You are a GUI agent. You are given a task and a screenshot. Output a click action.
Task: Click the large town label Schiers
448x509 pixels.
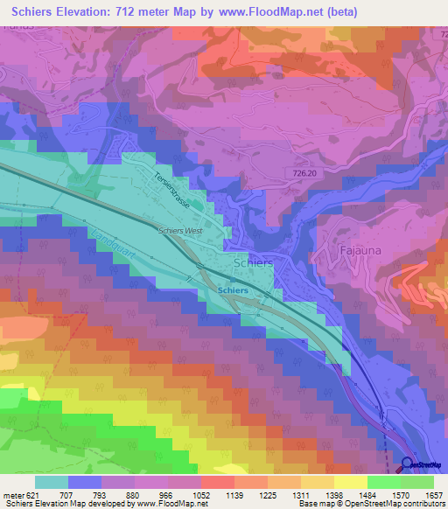pos(254,262)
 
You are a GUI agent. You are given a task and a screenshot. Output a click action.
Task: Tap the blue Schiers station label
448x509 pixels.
pos(232,289)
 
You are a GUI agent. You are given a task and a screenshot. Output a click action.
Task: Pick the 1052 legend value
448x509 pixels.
pos(199,493)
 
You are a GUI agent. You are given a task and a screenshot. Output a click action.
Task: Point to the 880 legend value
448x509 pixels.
pos(133,493)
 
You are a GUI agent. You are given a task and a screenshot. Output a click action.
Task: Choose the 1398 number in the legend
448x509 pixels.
pos(332,493)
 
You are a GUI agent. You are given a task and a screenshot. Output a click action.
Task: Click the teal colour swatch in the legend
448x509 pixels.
pos(52,481)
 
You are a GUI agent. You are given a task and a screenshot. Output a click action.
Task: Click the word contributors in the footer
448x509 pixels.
pos(420,504)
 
